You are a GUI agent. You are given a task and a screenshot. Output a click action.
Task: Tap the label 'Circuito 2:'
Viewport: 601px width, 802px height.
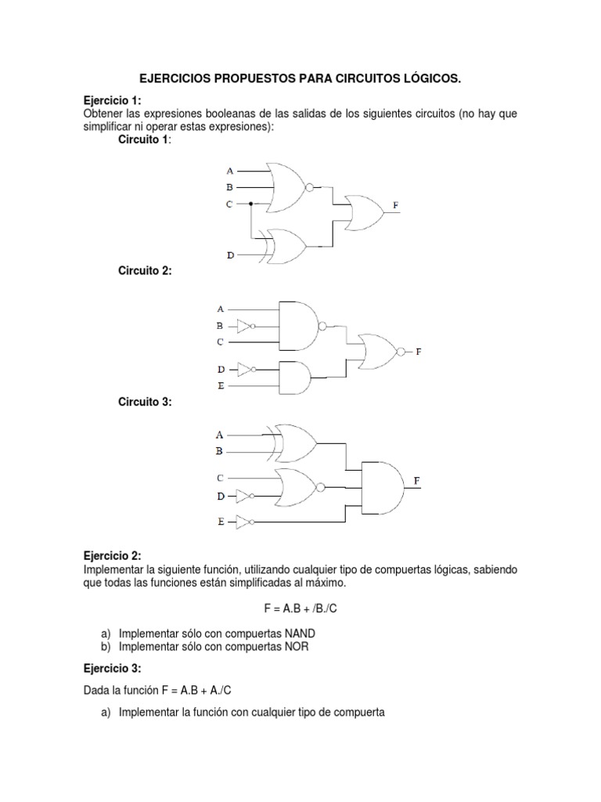coord(145,270)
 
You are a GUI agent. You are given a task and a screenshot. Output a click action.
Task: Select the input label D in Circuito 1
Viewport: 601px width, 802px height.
coord(230,255)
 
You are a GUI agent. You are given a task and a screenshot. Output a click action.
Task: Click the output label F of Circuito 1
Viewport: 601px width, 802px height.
coord(396,205)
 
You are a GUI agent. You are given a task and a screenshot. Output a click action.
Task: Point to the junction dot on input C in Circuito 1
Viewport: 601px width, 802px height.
coord(250,204)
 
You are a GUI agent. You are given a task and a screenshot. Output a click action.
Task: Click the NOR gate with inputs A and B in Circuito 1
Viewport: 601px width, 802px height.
coord(286,187)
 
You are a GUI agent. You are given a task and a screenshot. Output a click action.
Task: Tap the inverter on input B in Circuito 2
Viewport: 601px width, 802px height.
coord(245,325)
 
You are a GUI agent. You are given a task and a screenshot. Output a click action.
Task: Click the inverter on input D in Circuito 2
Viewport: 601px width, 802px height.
coord(245,368)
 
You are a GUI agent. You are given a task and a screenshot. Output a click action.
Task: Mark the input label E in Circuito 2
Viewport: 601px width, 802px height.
coord(221,385)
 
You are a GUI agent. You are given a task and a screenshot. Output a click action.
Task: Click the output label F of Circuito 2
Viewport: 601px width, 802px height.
coord(419,352)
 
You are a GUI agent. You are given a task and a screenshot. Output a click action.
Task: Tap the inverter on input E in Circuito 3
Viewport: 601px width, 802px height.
coord(244,520)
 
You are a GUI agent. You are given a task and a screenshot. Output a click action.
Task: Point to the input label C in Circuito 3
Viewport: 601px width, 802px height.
coord(221,477)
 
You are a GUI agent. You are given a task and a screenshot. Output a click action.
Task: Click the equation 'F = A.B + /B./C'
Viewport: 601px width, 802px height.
coord(300,607)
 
